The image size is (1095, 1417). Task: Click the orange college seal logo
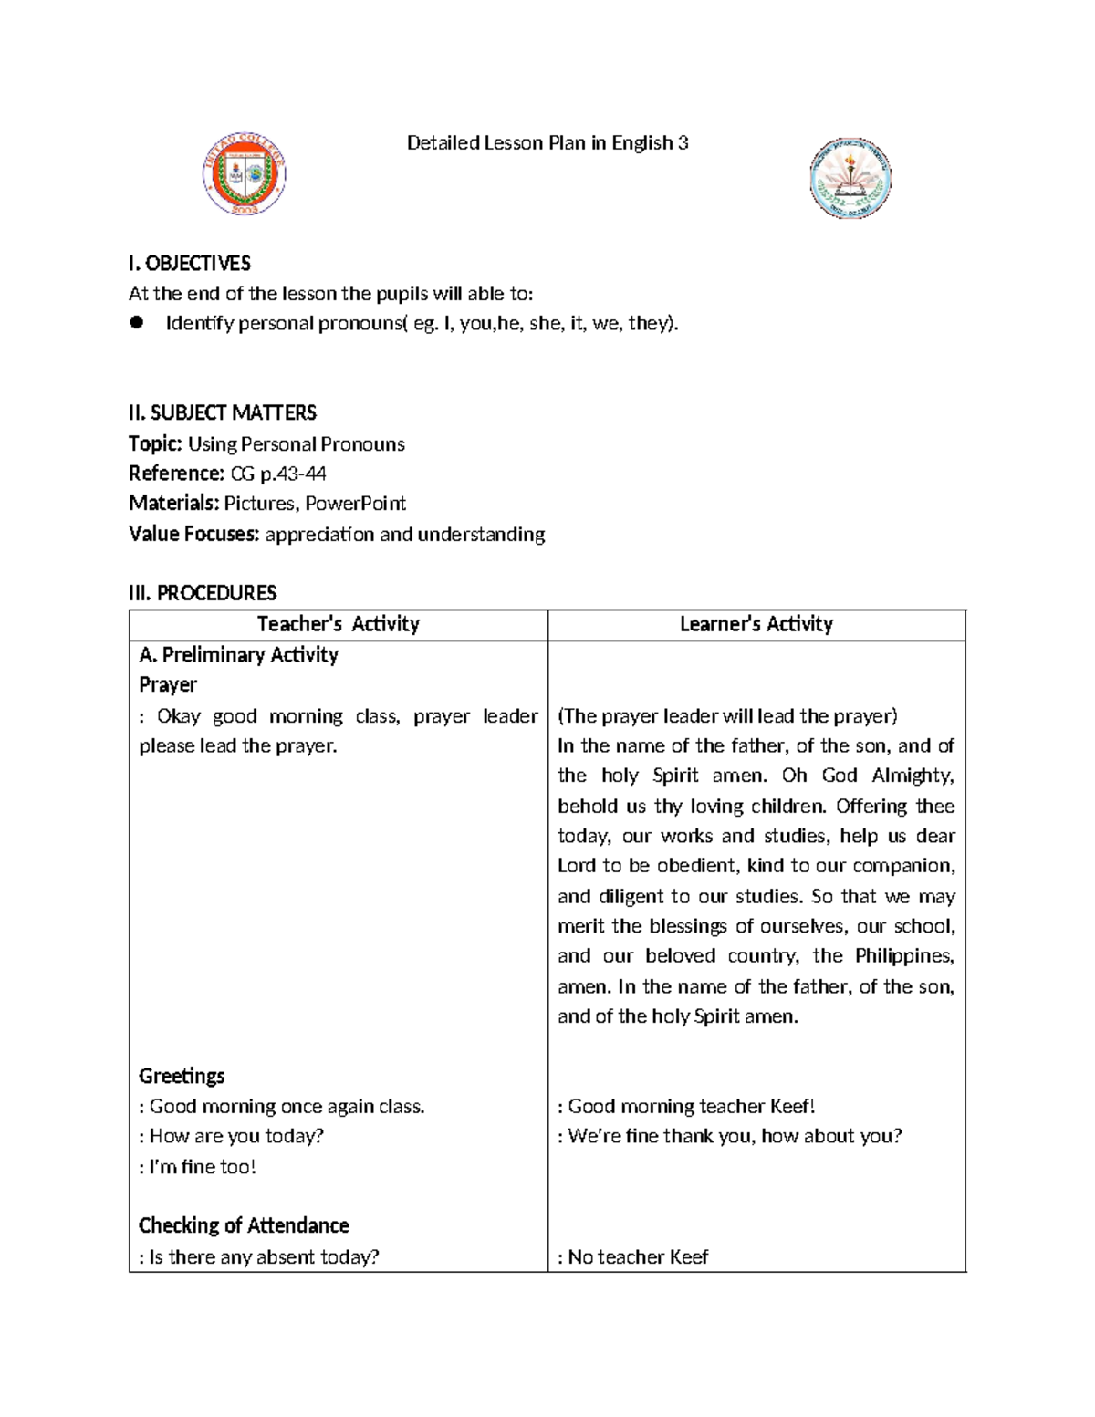244,173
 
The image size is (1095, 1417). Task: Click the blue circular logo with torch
850,178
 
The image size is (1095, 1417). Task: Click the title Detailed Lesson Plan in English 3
547,143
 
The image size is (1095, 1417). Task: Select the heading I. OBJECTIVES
190,264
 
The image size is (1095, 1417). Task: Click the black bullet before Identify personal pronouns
138,322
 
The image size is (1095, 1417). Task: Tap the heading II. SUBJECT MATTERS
223,413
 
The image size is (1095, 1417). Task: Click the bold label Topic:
156,444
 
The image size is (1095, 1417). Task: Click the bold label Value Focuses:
194,534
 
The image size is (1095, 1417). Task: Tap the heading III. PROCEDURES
203,593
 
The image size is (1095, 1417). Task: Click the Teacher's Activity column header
339,624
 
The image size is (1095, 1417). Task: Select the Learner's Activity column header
756,624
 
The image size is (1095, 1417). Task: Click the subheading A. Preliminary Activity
238,655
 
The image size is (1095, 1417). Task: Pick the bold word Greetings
182,1076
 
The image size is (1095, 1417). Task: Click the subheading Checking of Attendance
244,1225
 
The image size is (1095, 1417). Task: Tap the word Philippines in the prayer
903,956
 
